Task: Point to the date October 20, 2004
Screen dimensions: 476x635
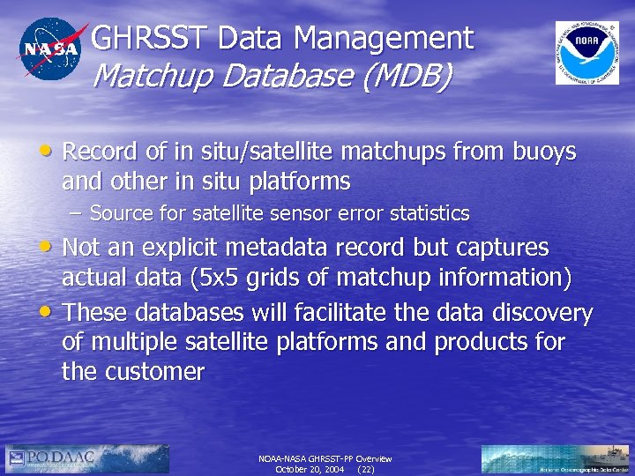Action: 309,470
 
